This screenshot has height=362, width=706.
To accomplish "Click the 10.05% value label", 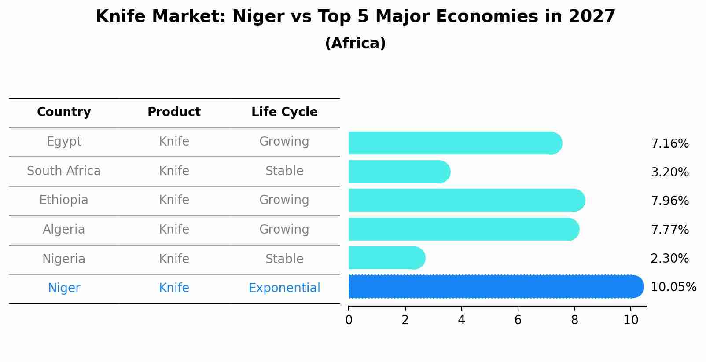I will (x=673, y=287).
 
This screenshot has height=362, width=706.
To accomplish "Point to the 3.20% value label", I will (x=669, y=172).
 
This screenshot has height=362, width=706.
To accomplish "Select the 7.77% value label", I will (x=669, y=230).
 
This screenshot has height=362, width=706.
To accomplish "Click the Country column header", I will (x=64, y=112).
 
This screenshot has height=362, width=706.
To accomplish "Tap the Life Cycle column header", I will (x=284, y=112).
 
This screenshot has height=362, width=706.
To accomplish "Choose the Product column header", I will (x=174, y=112).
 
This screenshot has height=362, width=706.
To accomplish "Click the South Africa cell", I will (x=64, y=171).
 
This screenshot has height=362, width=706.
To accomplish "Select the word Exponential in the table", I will (x=284, y=288).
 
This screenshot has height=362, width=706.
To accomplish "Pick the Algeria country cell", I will (x=64, y=230).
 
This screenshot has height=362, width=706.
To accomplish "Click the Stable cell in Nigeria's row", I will (x=284, y=259).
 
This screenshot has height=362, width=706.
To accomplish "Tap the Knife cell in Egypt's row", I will (x=174, y=142).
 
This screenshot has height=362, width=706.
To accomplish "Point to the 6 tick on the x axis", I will (x=518, y=320).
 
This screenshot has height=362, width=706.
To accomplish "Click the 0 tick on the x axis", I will (x=349, y=320).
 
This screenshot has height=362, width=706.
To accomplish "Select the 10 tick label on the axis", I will (x=631, y=320).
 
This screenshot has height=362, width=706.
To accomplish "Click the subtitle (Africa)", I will (x=355, y=44).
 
